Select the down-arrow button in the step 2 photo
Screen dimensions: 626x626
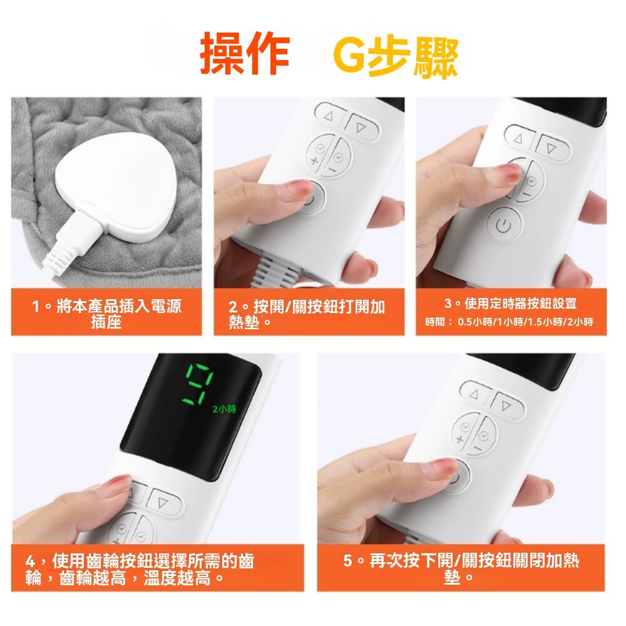[361, 127]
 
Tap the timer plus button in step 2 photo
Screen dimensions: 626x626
[318, 155]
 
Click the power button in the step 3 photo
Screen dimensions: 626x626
[503, 226]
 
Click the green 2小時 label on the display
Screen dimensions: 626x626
[224, 409]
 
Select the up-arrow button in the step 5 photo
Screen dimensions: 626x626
[474, 394]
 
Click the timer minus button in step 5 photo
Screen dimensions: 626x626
[485, 436]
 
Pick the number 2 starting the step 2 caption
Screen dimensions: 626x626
[233, 307]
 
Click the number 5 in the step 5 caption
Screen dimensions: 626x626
[347, 561]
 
